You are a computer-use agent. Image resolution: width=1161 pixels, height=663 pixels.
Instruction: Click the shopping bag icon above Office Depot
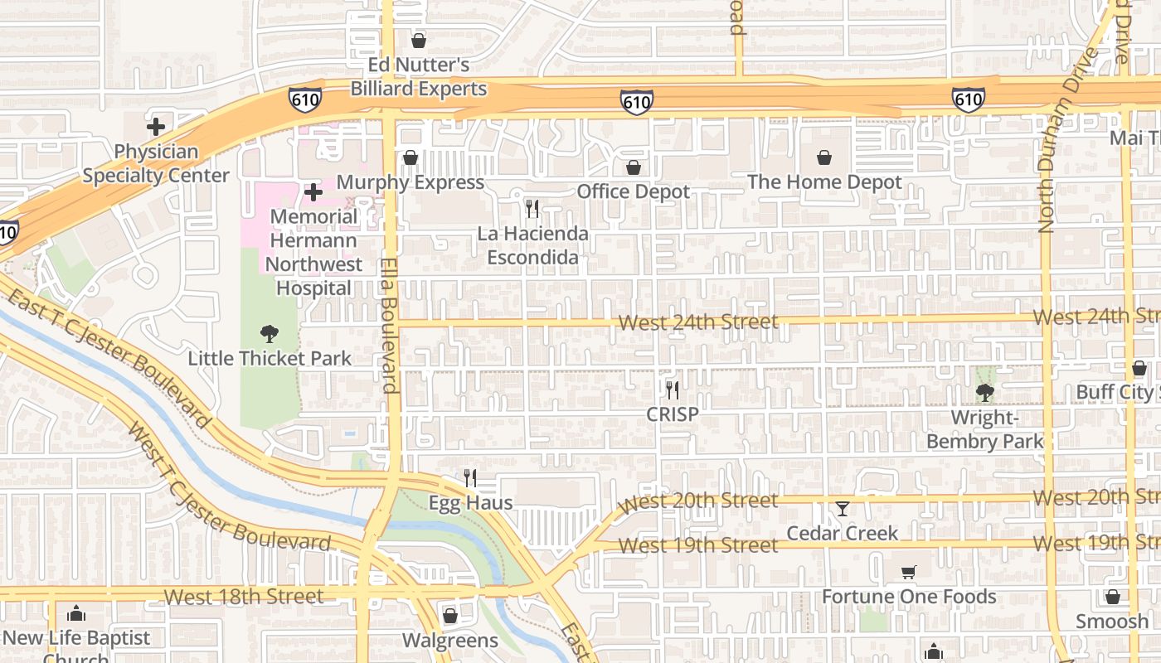coord(634,167)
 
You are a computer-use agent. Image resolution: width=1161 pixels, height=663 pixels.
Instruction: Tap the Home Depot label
coord(824,181)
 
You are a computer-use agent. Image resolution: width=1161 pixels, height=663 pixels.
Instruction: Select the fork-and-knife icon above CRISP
coord(673,390)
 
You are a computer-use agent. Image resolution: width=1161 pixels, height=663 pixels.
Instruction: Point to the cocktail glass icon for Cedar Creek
coord(843,508)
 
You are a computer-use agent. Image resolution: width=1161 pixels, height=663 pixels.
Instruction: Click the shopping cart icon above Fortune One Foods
coord(909,572)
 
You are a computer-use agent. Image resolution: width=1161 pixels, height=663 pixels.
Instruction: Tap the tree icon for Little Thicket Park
coord(269,334)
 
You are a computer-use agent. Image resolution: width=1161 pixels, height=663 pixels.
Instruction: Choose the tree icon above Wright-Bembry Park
coord(984,392)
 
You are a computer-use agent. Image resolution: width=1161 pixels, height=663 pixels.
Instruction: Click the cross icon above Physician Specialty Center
coord(155,127)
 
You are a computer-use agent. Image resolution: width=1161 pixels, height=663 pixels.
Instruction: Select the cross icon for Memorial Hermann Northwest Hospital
coord(313,192)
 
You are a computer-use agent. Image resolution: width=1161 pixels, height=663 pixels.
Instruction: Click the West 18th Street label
coord(244,596)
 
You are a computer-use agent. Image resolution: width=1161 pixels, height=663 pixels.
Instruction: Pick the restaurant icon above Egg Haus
coord(470,477)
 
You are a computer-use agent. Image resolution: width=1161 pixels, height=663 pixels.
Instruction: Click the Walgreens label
coord(450,640)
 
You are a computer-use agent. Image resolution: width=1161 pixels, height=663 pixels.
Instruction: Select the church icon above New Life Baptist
coord(76,613)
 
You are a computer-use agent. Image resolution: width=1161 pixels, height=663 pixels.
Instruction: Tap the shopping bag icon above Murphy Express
coord(410,157)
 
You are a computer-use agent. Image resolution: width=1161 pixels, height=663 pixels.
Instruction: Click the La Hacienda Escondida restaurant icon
coord(532,208)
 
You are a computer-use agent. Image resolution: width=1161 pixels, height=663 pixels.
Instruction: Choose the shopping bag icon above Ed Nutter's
coord(419,40)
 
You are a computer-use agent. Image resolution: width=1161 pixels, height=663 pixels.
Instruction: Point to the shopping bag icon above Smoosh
coord(1113,597)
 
